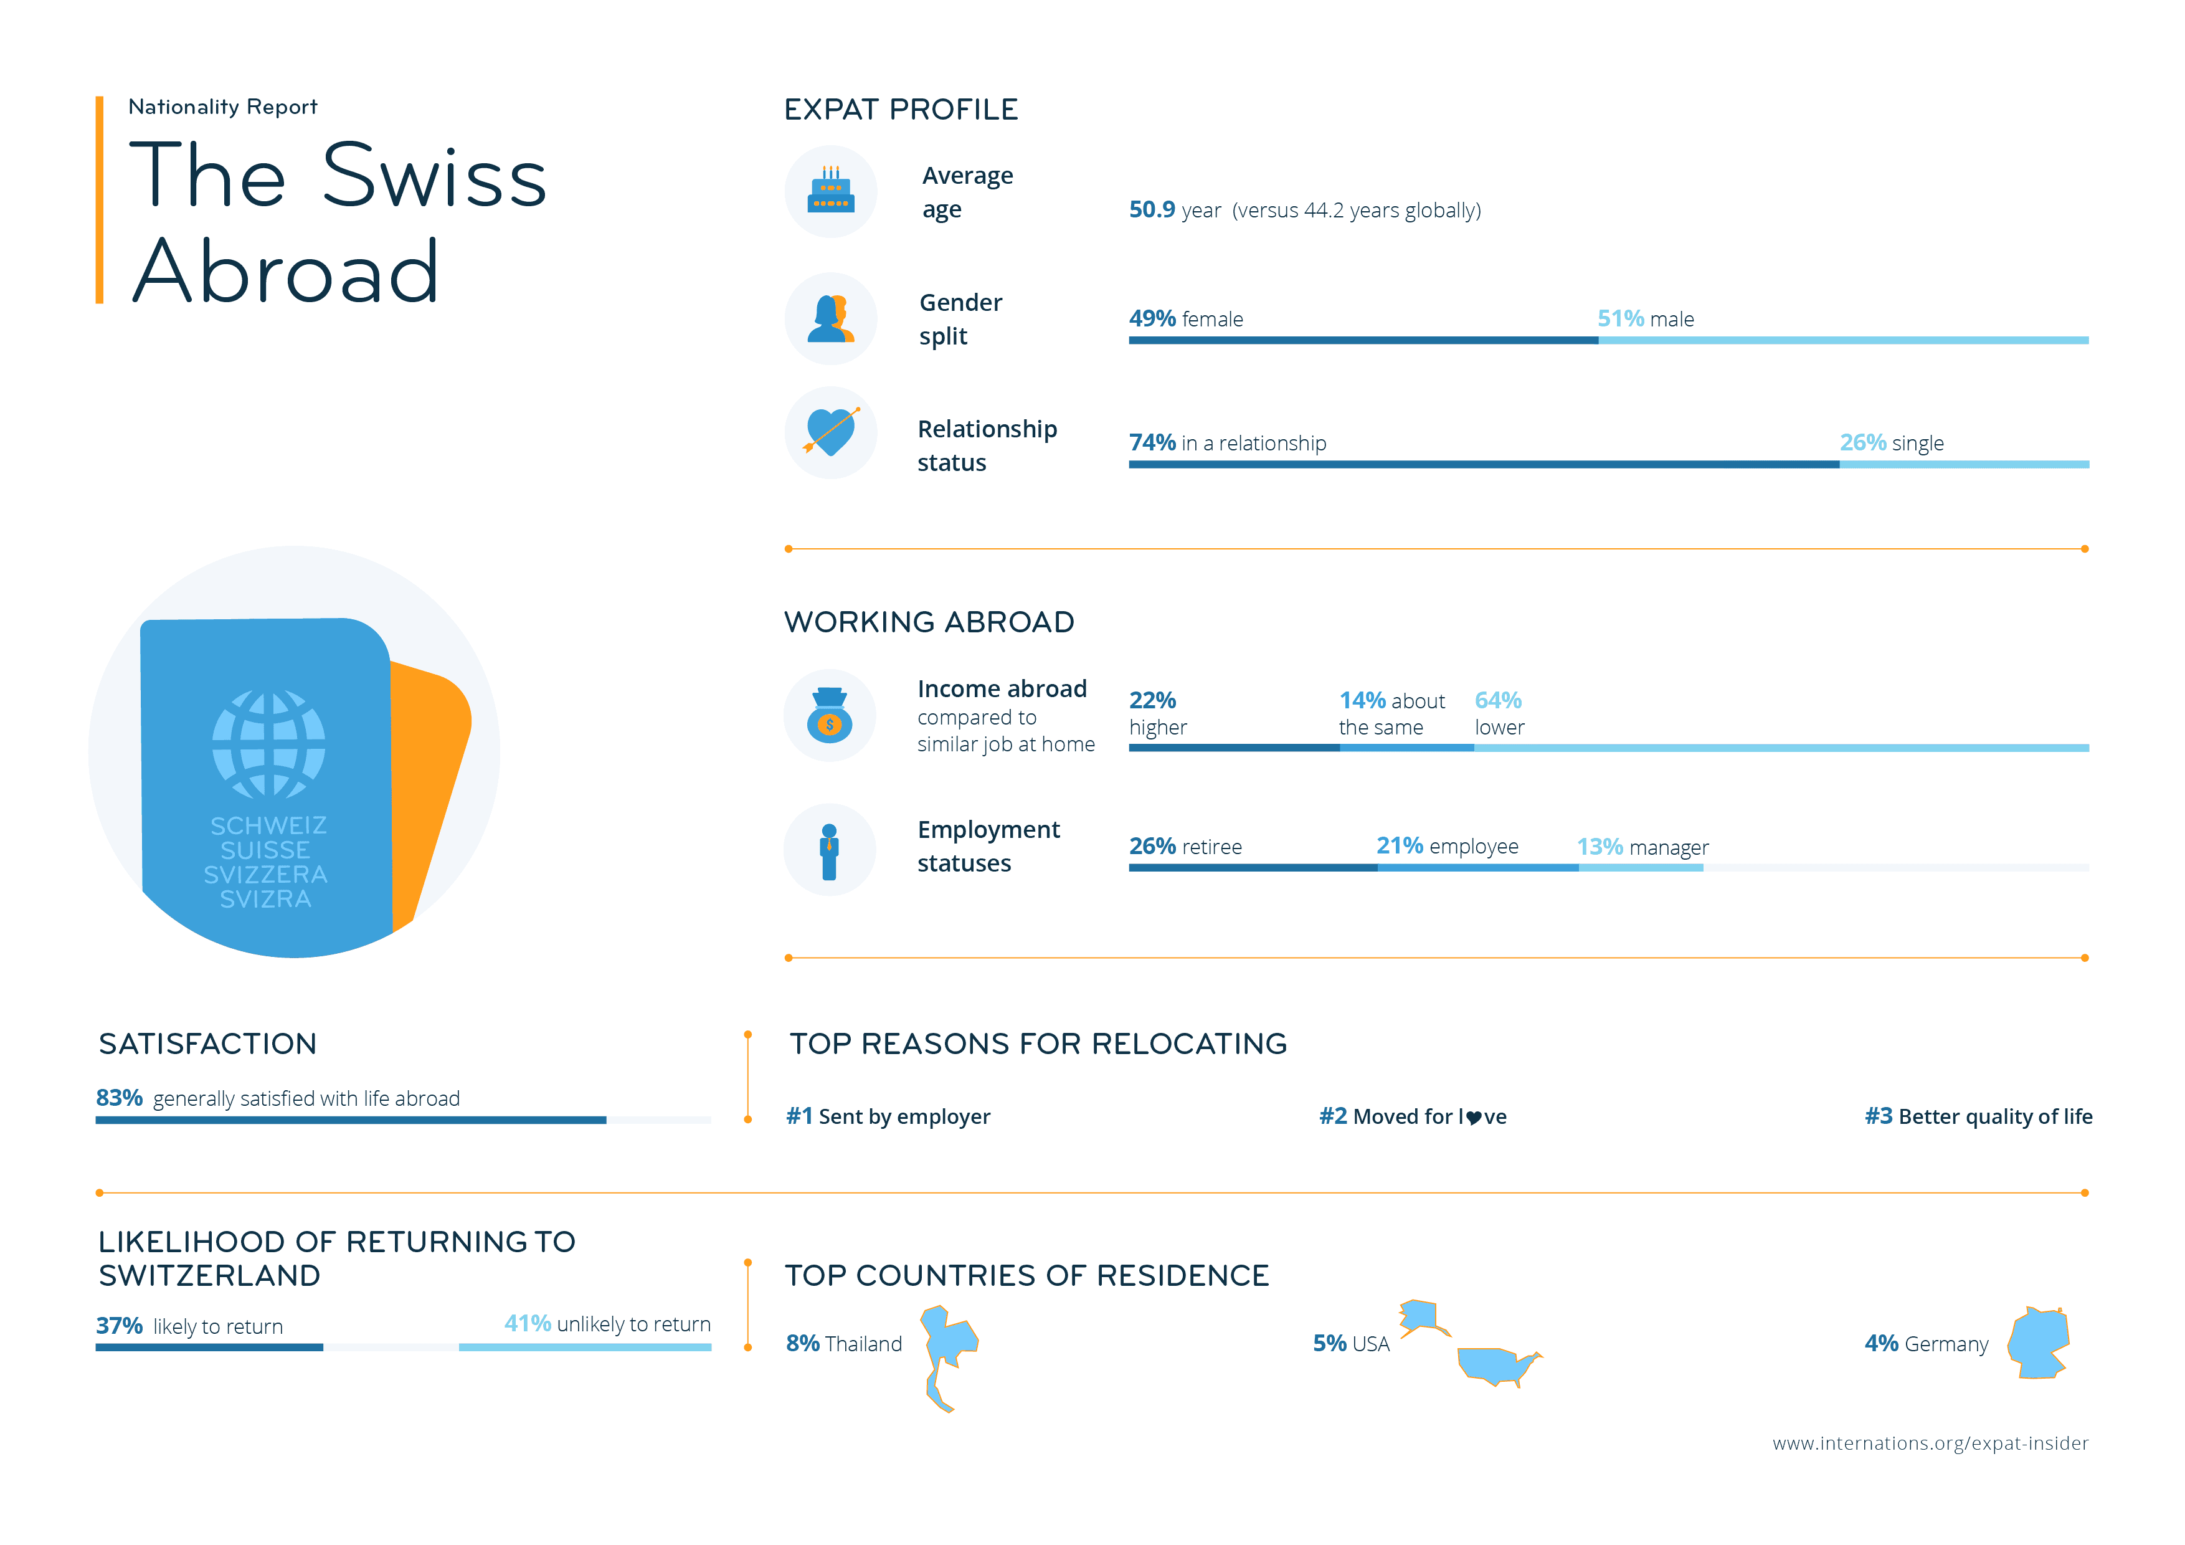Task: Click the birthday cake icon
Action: click(831, 191)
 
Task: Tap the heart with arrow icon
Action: click(831, 432)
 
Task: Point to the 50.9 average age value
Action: click(1152, 209)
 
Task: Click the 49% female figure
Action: click(1152, 319)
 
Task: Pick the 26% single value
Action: click(1862, 443)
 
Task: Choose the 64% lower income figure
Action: click(1498, 701)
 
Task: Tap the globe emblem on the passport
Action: click(268, 744)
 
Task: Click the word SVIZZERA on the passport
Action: click(265, 875)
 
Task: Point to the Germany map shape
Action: click(2039, 1343)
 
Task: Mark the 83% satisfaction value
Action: click(119, 1098)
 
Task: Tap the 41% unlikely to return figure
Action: click(527, 1324)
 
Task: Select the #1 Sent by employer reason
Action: click(888, 1116)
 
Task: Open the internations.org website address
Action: click(1930, 1443)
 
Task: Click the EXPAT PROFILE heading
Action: click(900, 110)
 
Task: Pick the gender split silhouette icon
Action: click(831, 319)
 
